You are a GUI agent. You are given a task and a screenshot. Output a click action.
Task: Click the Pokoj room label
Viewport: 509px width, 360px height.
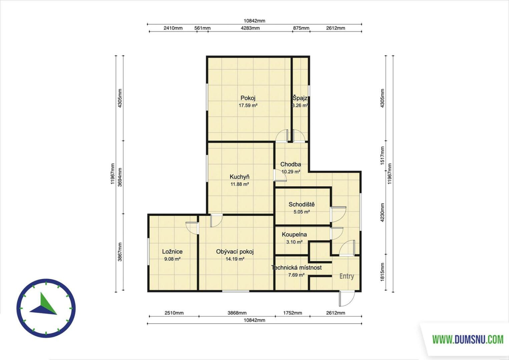(248, 98)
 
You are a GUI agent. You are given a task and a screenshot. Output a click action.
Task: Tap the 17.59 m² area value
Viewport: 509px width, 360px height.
(248, 105)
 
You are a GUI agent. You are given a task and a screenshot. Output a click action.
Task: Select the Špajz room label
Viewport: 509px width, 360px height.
(300, 98)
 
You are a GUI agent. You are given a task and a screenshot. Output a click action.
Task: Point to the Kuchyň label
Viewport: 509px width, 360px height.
(239, 177)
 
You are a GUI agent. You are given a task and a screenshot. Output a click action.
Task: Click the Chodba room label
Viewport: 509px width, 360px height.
(291, 164)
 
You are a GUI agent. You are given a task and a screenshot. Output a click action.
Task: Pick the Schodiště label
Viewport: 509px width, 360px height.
(302, 204)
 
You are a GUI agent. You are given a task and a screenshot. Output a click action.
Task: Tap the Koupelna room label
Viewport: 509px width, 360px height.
(294, 234)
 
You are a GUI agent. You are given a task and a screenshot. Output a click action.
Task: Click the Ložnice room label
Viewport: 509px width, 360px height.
(172, 252)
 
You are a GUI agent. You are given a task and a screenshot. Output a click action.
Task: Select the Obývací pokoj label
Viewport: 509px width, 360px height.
(235, 252)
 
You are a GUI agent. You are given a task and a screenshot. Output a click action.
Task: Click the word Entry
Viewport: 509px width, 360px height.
(347, 276)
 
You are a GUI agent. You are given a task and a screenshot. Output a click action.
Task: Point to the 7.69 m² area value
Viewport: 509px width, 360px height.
(296, 275)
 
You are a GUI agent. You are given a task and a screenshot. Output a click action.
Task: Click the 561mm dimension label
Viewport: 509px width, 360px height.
(202, 28)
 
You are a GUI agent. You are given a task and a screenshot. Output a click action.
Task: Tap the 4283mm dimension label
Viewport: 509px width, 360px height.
(250, 28)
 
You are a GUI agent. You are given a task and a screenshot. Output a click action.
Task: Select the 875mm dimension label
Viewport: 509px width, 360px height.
(301, 28)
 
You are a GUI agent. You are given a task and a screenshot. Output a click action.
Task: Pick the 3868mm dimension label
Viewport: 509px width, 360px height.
(237, 313)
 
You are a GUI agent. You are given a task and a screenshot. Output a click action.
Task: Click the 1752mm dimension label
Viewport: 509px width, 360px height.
(293, 313)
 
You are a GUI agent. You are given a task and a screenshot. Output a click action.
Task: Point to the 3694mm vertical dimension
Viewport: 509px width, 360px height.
(120, 177)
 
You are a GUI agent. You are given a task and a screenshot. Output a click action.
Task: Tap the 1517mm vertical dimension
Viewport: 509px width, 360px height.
(382, 156)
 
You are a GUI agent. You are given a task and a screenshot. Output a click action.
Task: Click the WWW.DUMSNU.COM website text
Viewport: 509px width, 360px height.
(468, 340)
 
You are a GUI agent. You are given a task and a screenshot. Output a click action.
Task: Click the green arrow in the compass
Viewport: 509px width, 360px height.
(48, 303)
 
